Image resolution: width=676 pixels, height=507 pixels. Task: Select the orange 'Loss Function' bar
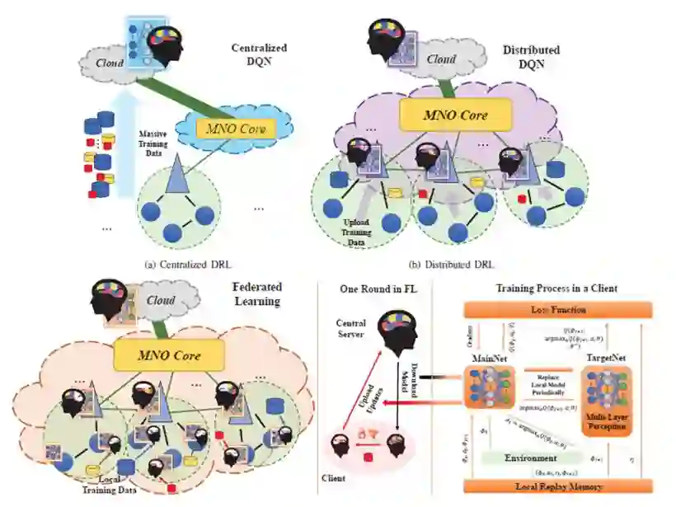558,310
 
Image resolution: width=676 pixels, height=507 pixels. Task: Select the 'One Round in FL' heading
373,289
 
